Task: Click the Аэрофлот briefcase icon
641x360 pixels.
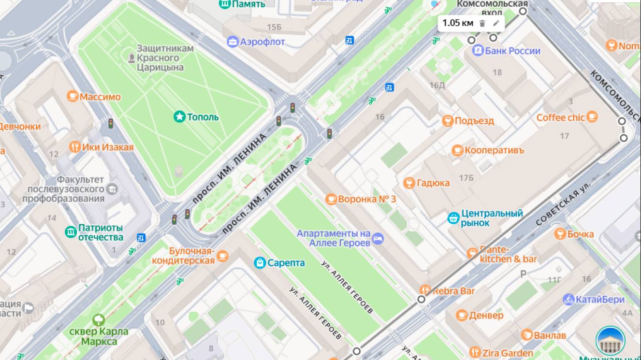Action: click(233, 42)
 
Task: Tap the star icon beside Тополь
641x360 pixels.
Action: click(180, 116)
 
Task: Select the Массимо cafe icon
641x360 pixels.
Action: click(73, 97)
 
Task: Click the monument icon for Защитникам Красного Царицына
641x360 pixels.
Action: click(131, 58)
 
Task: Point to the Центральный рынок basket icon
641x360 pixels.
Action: click(453, 218)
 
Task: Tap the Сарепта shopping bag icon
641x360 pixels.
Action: click(260, 263)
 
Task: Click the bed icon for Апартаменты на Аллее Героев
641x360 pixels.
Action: click(379, 238)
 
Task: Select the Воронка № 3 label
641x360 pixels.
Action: click(367, 199)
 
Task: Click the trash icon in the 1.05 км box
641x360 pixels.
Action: click(482, 23)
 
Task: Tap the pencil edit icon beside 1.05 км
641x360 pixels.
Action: click(496, 23)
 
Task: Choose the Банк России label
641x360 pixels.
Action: click(512, 51)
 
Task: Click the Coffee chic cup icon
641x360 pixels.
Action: click(592, 117)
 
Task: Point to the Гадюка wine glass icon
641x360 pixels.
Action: click(409, 183)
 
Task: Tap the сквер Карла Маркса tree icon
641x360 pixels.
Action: click(99, 319)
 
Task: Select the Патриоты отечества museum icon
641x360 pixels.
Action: click(71, 232)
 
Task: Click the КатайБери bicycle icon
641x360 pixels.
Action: click(568, 300)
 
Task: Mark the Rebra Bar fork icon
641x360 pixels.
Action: click(425, 290)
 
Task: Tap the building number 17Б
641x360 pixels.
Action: click(466, 178)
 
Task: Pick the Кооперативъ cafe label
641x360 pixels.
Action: click(494, 150)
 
